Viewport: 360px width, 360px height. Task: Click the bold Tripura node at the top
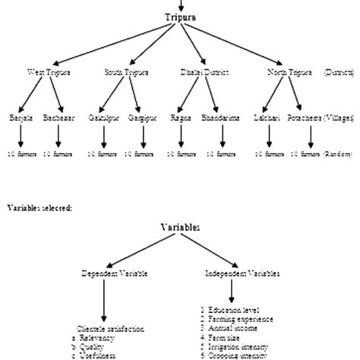click(x=181, y=17)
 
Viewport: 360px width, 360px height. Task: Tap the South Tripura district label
click(x=125, y=72)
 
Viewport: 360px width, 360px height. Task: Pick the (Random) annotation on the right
click(x=337, y=153)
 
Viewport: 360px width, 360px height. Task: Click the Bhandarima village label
click(x=221, y=118)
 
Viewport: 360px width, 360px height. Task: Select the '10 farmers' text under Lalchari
click(x=269, y=153)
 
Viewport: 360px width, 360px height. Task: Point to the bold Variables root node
click(x=181, y=227)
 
